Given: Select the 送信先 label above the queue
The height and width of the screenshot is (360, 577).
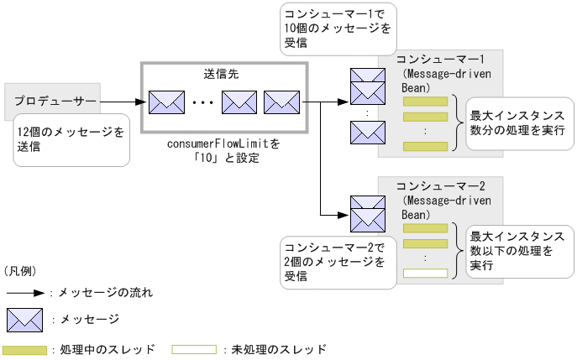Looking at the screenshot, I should (223, 74).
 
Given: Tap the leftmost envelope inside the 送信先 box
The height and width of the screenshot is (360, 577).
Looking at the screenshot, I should (165, 102).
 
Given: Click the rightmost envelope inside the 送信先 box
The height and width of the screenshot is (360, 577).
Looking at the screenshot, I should (281, 102).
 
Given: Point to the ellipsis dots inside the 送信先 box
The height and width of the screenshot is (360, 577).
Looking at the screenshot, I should (203, 103).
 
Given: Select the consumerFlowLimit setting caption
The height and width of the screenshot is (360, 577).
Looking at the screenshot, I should (223, 151).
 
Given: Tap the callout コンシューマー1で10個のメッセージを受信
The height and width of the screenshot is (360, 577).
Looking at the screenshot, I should (336, 29).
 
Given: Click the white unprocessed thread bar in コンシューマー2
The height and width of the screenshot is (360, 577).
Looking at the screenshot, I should (425, 273).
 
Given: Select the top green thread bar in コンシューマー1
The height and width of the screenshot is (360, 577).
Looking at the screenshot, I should (425, 102).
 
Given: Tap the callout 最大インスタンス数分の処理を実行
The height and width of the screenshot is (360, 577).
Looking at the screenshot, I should (517, 123).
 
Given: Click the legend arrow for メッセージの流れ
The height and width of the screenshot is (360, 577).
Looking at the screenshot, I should (26, 294).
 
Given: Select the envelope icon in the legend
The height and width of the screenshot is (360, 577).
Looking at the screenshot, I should (24, 320).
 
